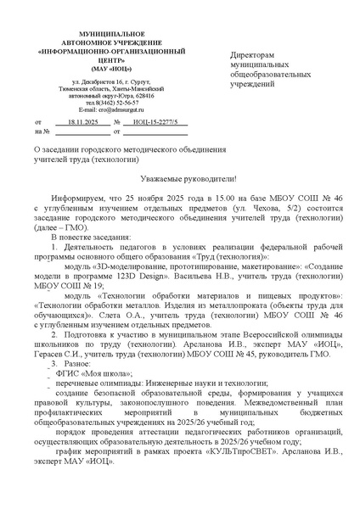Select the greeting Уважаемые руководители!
point(181,178)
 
